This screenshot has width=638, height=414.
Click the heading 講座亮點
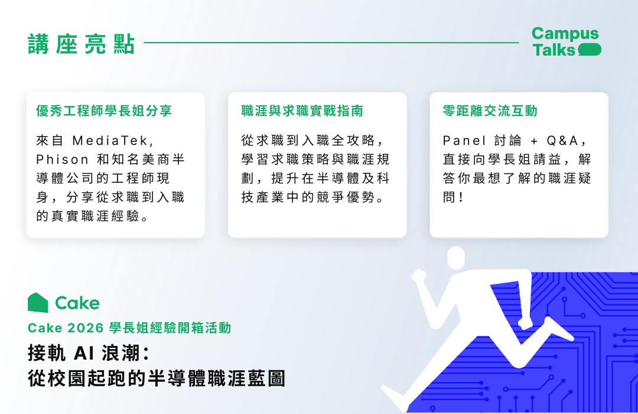click(82, 44)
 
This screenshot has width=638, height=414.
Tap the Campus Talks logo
click(566, 41)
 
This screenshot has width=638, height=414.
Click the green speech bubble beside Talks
click(589, 50)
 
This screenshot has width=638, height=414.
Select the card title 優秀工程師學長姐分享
click(104, 111)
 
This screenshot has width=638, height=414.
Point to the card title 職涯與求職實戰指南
click(302, 111)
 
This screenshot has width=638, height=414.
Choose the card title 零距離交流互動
click(490, 111)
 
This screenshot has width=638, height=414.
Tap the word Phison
click(62, 159)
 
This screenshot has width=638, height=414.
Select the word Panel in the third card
click(464, 141)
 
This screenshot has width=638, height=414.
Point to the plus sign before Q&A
click(534, 141)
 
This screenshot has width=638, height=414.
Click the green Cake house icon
click(38, 303)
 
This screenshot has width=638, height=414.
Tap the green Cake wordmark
click(77, 303)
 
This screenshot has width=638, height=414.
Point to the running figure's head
click(456, 257)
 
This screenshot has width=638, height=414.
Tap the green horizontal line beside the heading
click(331, 43)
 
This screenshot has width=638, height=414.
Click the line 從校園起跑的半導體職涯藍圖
click(157, 378)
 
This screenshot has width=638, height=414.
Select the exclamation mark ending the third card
click(461, 197)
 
